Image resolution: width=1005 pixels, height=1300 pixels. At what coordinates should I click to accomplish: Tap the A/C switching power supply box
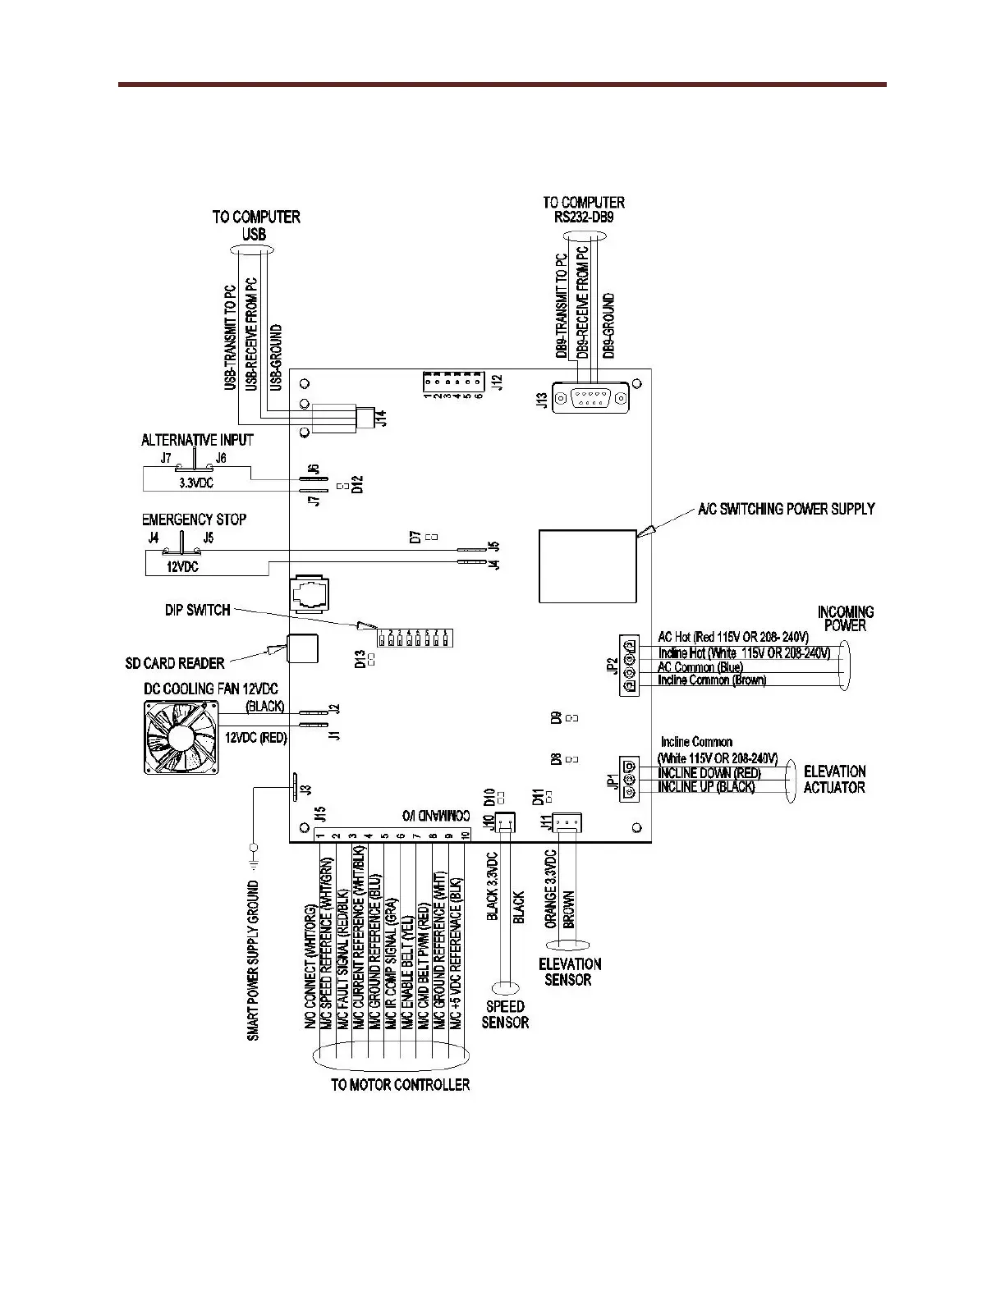click(587, 565)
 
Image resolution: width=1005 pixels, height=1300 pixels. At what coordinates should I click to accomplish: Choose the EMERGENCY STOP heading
click(194, 520)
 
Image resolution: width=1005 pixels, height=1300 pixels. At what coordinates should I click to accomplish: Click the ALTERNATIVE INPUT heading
click(197, 441)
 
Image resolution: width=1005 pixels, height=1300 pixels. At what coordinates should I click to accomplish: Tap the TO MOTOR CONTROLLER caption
click(400, 1084)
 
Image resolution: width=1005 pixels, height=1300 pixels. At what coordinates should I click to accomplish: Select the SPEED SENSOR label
click(505, 1014)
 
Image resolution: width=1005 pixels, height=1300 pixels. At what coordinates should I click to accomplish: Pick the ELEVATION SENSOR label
click(569, 972)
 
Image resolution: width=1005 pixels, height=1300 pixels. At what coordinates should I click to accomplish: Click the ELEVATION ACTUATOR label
click(834, 779)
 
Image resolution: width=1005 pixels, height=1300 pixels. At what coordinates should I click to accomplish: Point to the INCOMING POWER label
click(845, 619)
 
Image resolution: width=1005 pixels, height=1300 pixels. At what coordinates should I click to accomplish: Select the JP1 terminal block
click(629, 779)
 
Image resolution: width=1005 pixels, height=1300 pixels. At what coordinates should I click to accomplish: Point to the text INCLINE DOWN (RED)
click(709, 773)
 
